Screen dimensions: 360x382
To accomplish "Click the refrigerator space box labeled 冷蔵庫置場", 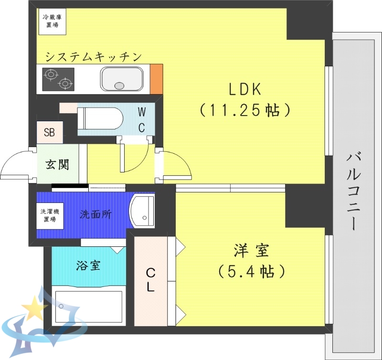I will pyautogui.click(x=52, y=21).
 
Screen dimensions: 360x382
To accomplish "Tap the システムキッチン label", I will pyautogui.click(x=94, y=57).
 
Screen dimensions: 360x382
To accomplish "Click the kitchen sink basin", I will pyautogui.click(x=122, y=79).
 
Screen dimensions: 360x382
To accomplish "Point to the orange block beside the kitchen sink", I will pyautogui.click(x=156, y=79).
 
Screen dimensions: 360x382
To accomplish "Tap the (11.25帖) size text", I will pyautogui.click(x=244, y=110).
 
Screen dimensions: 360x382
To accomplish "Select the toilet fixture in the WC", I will pyautogui.click(x=102, y=118).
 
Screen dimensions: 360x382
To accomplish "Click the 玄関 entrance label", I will pyautogui.click(x=57, y=165).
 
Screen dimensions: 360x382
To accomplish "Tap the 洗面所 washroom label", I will pyautogui.click(x=95, y=214).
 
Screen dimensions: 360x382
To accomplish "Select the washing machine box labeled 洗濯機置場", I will pyautogui.click(x=50, y=215).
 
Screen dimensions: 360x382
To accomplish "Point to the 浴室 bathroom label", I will pyautogui.click(x=88, y=265).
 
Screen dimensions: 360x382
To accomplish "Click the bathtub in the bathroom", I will pyautogui.click(x=88, y=306).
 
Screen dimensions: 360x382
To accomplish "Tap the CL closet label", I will pyautogui.click(x=150, y=281).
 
